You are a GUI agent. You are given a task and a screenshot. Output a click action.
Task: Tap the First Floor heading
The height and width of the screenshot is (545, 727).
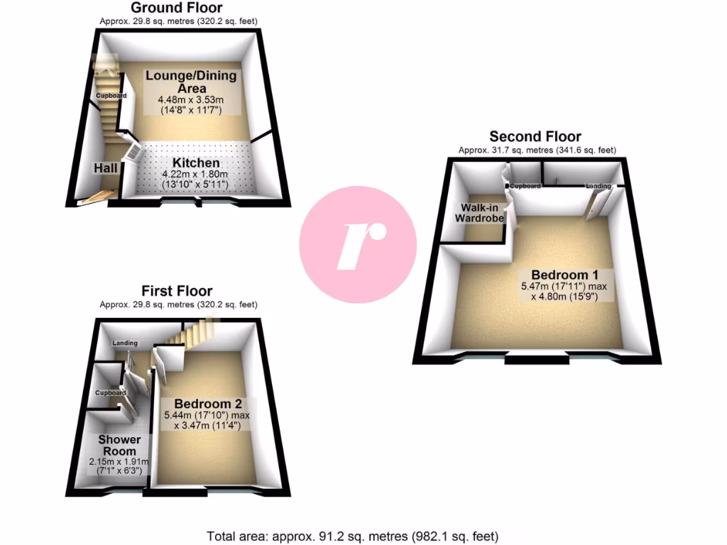177,291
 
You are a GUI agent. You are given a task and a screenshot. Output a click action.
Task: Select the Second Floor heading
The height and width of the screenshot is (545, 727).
535,136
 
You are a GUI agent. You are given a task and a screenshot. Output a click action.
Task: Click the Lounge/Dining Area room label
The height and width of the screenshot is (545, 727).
191,81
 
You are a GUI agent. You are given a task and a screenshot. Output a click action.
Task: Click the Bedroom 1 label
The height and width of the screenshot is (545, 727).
560,275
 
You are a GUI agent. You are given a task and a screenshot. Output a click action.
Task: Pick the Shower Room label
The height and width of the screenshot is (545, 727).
119,445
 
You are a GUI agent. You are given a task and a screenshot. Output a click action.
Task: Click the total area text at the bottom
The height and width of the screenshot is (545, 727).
353,536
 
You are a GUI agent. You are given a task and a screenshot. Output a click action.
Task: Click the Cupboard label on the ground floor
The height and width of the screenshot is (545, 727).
112,96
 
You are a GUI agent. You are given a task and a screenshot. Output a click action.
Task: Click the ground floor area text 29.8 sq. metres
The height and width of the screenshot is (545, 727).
178,21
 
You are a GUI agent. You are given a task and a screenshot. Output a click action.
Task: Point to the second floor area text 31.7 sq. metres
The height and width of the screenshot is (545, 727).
536,150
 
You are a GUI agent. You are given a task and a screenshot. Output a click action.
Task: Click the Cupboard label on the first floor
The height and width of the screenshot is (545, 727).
111,392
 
